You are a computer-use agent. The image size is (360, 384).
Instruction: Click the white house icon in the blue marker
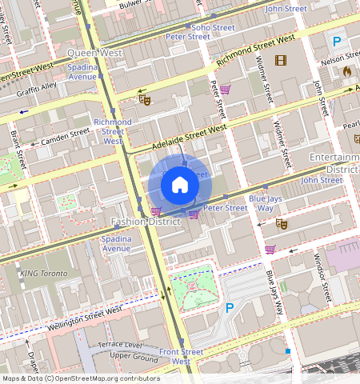tap(180, 186)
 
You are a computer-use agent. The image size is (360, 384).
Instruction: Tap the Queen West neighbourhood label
tap(94, 53)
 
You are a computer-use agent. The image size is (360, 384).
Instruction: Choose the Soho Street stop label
tap(213, 27)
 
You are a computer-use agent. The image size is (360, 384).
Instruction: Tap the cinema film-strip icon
tap(281, 60)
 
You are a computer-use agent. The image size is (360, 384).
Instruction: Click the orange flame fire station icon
tap(346, 71)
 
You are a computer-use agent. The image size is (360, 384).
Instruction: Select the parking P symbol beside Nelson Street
tap(338, 42)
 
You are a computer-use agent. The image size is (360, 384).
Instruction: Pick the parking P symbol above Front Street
tap(230, 307)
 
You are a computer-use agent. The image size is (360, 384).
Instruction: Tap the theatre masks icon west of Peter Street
tap(144, 99)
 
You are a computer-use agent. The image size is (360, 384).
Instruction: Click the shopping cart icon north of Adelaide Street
tap(226, 89)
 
